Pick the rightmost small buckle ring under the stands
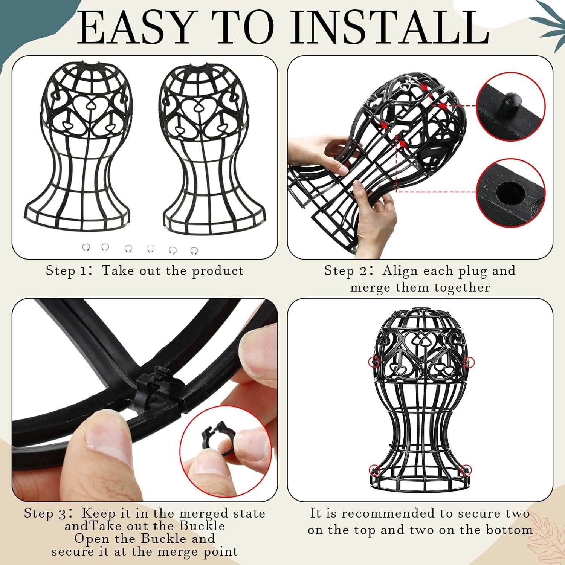[194, 250]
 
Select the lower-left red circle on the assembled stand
[375, 469]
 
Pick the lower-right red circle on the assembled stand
[467, 469]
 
